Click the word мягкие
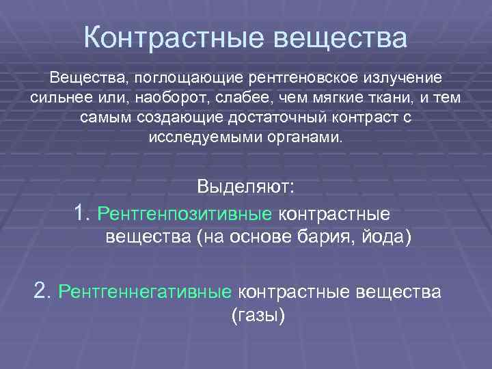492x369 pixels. [344, 98]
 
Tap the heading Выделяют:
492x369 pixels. [245, 186]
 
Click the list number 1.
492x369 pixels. [83, 213]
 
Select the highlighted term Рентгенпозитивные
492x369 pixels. [184, 213]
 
